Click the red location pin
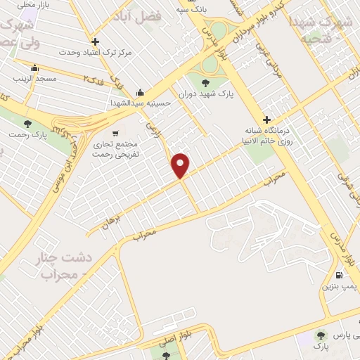(x=181, y=165)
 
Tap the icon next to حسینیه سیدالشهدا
(x=141, y=91)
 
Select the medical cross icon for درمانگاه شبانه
(x=266, y=120)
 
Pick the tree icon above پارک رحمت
(x=27, y=124)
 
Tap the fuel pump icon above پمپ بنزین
(x=340, y=275)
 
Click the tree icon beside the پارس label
(x=321, y=335)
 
